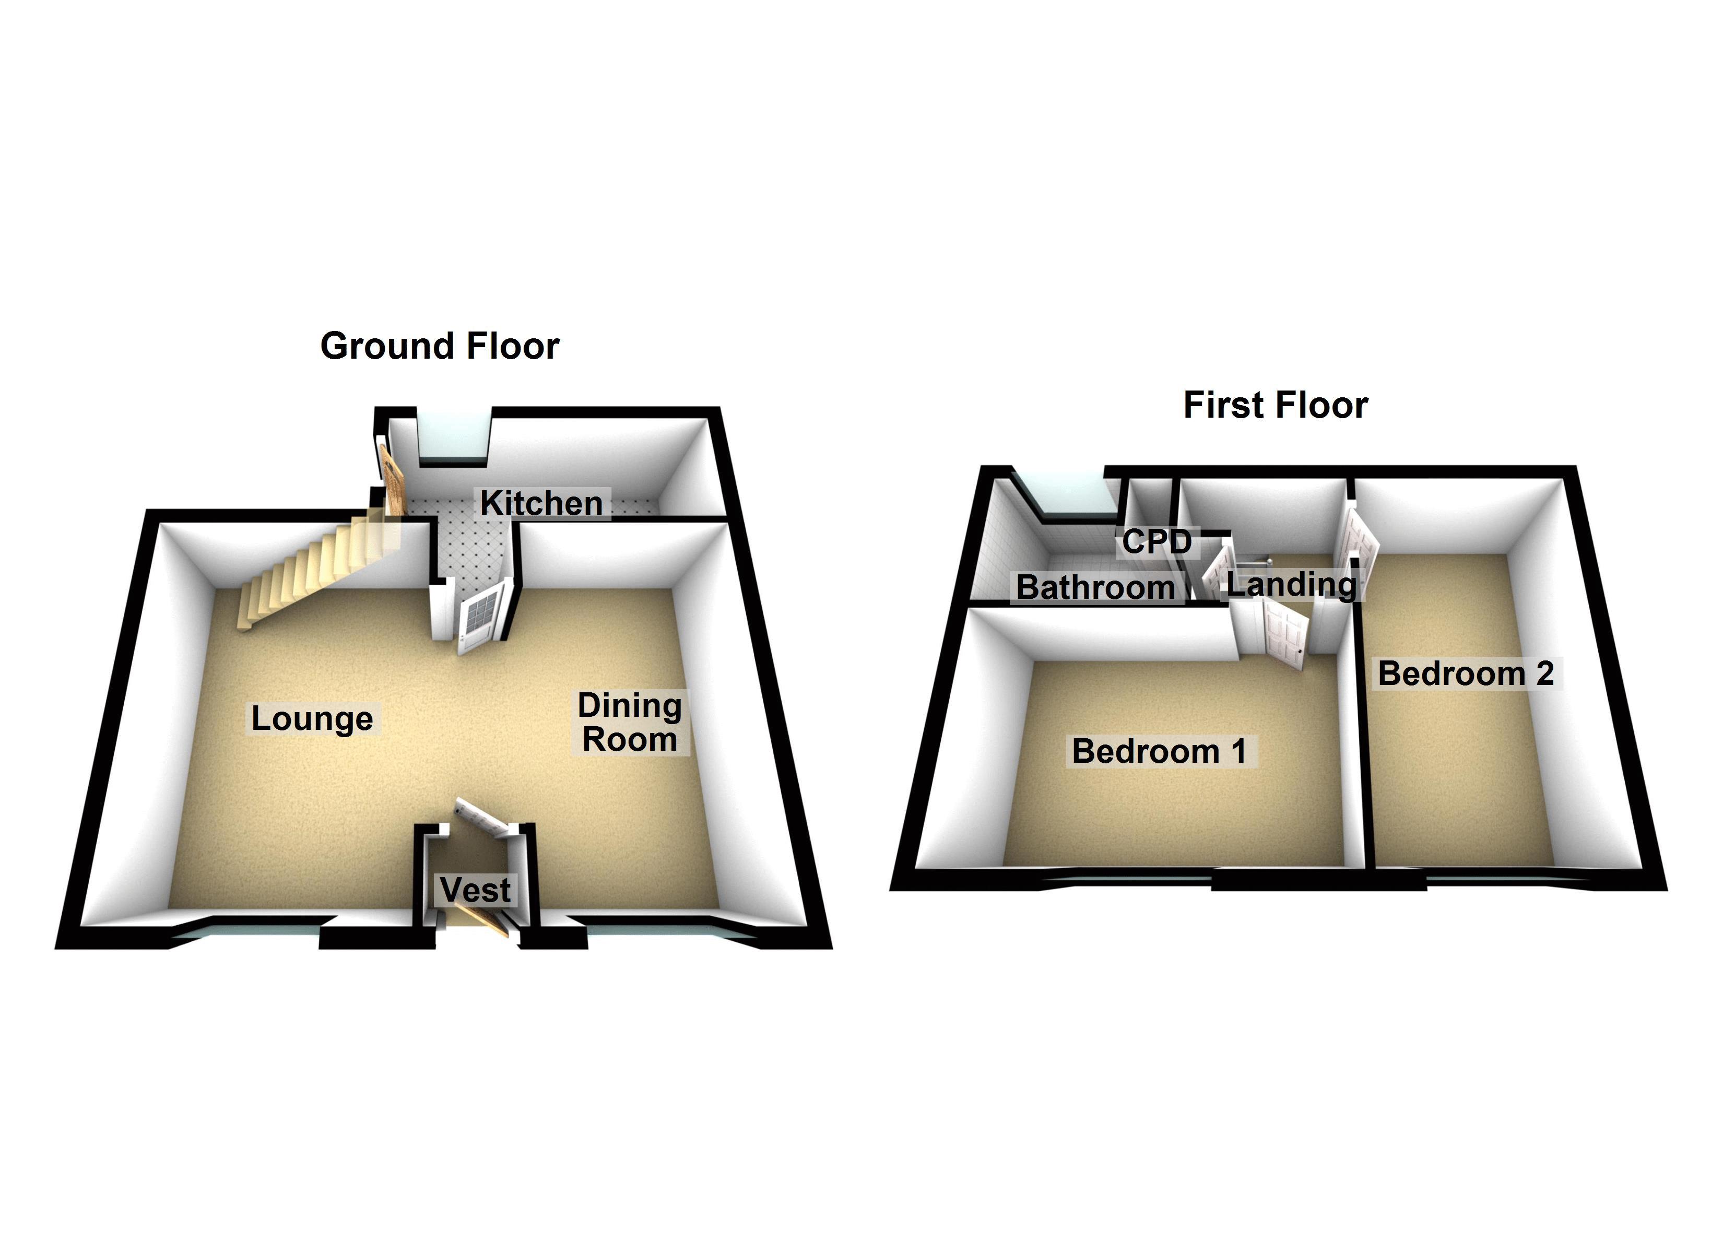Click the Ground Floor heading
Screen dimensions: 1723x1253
439,347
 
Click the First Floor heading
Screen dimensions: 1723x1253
1276,405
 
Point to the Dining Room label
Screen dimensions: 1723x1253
629,722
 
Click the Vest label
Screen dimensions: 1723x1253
475,890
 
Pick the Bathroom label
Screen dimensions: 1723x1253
1095,587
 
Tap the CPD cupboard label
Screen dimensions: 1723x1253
1156,542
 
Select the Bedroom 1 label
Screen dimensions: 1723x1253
1159,751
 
